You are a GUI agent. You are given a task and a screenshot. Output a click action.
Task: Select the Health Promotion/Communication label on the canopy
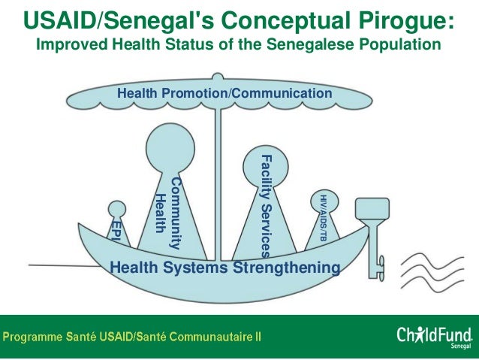coord(224,93)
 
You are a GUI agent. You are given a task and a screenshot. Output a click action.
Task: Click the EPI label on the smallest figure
coord(116,230)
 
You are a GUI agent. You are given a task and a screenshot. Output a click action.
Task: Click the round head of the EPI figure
coord(117,209)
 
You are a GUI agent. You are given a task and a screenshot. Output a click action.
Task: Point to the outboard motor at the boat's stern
coord(371,225)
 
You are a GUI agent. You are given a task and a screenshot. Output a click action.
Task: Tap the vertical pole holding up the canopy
coord(218,180)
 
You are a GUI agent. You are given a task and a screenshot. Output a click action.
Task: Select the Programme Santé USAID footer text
coord(134,337)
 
